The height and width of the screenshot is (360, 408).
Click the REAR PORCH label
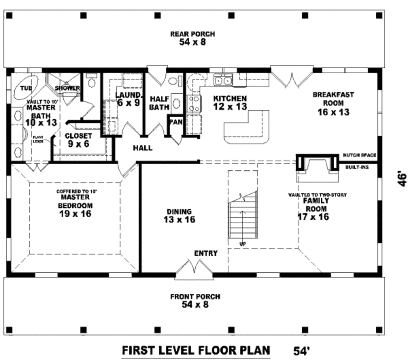click(x=192, y=34)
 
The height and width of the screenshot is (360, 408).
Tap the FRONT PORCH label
click(x=195, y=297)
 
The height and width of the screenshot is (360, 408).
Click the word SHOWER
click(x=67, y=88)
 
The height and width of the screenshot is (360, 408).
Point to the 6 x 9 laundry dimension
click(x=128, y=102)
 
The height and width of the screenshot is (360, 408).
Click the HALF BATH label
click(x=160, y=103)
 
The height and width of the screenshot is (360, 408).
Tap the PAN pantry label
click(x=175, y=122)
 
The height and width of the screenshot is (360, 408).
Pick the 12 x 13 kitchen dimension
click(x=230, y=106)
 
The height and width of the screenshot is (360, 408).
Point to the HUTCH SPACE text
click(x=359, y=155)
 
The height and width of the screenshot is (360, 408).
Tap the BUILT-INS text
click(x=357, y=167)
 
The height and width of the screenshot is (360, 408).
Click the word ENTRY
click(x=206, y=253)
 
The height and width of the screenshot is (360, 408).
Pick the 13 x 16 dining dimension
click(x=179, y=219)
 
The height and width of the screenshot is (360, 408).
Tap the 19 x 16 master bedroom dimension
click(x=75, y=214)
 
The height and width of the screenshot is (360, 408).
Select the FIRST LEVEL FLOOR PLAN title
click(x=196, y=350)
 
